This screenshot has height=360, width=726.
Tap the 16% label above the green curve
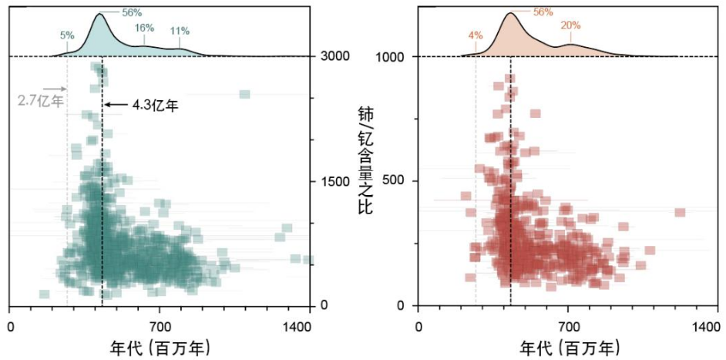(145, 27)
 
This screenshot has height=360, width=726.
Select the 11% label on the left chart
(180, 31)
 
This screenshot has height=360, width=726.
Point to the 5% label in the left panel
(67, 35)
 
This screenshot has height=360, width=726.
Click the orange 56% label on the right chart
(543, 12)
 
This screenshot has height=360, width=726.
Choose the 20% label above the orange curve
(570, 25)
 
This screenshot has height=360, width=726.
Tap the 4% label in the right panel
(476, 35)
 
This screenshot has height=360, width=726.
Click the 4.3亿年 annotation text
(155, 105)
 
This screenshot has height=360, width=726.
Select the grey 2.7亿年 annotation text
(40, 99)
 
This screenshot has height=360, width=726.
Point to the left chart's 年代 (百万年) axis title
(161, 347)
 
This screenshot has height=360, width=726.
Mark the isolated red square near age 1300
(680, 212)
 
